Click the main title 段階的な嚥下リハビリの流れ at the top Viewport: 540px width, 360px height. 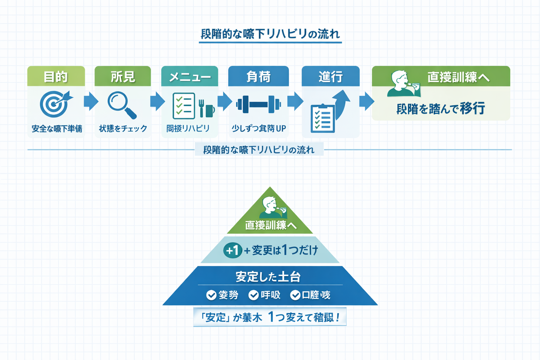coord(270,34)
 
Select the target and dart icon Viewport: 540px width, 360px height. coord(56,104)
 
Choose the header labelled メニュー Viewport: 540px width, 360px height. coord(189,76)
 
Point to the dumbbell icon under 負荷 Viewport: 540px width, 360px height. coord(258,104)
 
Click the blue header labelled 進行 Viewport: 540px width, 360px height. coord(330,76)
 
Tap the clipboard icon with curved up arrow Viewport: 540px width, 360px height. coord(329,112)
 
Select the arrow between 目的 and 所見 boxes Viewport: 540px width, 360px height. coord(91,101)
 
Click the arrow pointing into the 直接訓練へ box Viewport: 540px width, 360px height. coord(366,101)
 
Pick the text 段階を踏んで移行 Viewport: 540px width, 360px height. coord(441,109)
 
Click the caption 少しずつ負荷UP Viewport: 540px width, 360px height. coord(258,129)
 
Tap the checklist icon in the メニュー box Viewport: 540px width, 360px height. coord(184,106)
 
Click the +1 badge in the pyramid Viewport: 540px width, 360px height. coord(232,250)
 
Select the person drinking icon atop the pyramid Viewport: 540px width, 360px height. coord(272,208)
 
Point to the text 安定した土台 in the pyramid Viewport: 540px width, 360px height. coord(268,277)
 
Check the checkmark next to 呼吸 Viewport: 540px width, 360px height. coord(253,295)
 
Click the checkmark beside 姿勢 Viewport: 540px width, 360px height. coord(211,295)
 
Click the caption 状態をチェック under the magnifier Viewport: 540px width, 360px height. coord(123,129)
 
